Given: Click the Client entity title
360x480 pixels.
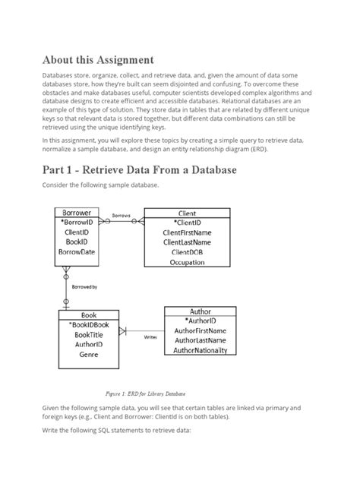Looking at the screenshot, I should pyautogui.click(x=186, y=213).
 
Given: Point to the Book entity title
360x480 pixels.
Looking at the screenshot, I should pyautogui.click(x=89, y=314).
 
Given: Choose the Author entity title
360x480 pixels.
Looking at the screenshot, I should pyautogui.click(x=200, y=311).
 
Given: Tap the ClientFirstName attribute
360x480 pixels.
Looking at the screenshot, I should pyautogui.click(x=187, y=232).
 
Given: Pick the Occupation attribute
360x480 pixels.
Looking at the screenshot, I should pyautogui.click(x=188, y=262).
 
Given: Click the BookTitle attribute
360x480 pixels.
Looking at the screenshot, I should pyautogui.click(x=89, y=334).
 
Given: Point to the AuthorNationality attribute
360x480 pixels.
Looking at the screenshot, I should pyautogui.click(x=200, y=351).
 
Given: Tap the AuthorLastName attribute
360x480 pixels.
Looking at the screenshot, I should pyautogui.click(x=200, y=341).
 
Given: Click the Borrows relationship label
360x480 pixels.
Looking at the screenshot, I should pyautogui.click(x=122, y=216).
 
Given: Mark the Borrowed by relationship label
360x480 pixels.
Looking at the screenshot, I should pyautogui.click(x=84, y=287).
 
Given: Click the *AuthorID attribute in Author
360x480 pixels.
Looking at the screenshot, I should pyautogui.click(x=200, y=321).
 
